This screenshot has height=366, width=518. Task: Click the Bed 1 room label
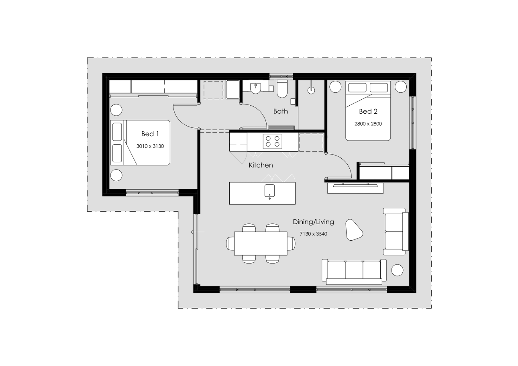(x=150, y=134)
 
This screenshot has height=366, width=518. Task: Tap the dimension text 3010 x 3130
(x=150, y=146)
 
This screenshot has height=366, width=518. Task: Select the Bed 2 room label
(x=368, y=111)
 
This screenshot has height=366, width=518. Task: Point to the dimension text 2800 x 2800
(x=368, y=124)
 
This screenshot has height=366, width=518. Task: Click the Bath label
(x=280, y=111)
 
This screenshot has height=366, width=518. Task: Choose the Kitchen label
(x=261, y=165)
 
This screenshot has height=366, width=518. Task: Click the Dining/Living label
(x=313, y=222)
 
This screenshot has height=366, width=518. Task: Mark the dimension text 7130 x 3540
(x=313, y=233)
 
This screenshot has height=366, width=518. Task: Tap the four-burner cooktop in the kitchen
(x=272, y=141)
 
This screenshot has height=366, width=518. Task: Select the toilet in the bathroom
(x=282, y=90)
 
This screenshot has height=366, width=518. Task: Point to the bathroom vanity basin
(x=255, y=88)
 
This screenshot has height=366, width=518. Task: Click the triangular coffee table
(x=354, y=230)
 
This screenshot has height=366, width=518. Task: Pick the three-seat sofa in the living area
(x=354, y=271)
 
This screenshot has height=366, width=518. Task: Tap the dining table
(x=261, y=243)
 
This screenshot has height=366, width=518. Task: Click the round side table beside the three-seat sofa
(x=397, y=270)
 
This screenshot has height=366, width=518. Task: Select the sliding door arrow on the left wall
(x=197, y=232)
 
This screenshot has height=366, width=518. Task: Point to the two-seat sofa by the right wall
(x=396, y=231)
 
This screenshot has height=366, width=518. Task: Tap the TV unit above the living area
(x=355, y=188)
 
